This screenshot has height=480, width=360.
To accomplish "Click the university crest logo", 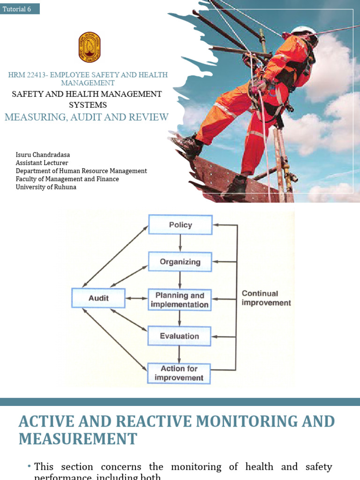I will (x=89, y=47).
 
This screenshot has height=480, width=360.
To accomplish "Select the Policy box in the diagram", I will (x=180, y=225).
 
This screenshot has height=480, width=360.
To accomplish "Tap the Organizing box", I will (x=180, y=262).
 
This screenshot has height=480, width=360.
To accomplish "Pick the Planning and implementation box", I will (x=180, y=300).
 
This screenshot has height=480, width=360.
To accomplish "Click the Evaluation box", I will (x=180, y=336).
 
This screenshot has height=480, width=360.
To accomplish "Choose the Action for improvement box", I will (x=179, y=373).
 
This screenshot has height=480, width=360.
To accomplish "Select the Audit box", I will (x=98, y=298).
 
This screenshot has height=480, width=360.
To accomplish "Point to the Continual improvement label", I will (x=266, y=298).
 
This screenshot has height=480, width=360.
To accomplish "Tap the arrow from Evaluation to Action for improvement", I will (x=180, y=354).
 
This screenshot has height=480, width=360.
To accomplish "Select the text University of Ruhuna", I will (x=46, y=187).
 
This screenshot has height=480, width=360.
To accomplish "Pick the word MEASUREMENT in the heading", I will (x=78, y=439).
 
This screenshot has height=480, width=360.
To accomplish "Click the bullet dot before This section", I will (x=29, y=466).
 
